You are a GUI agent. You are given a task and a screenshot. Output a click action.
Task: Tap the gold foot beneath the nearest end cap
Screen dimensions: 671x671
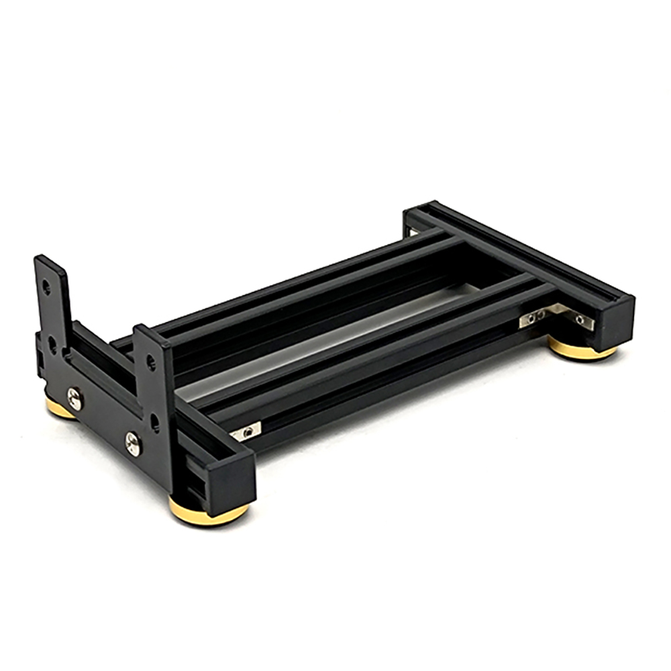click(208, 512)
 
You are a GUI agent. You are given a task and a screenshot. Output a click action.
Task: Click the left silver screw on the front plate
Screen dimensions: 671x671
click(74, 399)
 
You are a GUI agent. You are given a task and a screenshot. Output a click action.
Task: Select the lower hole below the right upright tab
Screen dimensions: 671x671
click(155, 422)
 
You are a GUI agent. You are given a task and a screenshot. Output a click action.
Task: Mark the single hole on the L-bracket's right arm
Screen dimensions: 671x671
click(580, 320)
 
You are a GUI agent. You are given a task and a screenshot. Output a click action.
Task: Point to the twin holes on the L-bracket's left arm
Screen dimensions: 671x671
click(535, 315)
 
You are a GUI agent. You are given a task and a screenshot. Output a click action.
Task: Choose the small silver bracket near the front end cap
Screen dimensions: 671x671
click(246, 431)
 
